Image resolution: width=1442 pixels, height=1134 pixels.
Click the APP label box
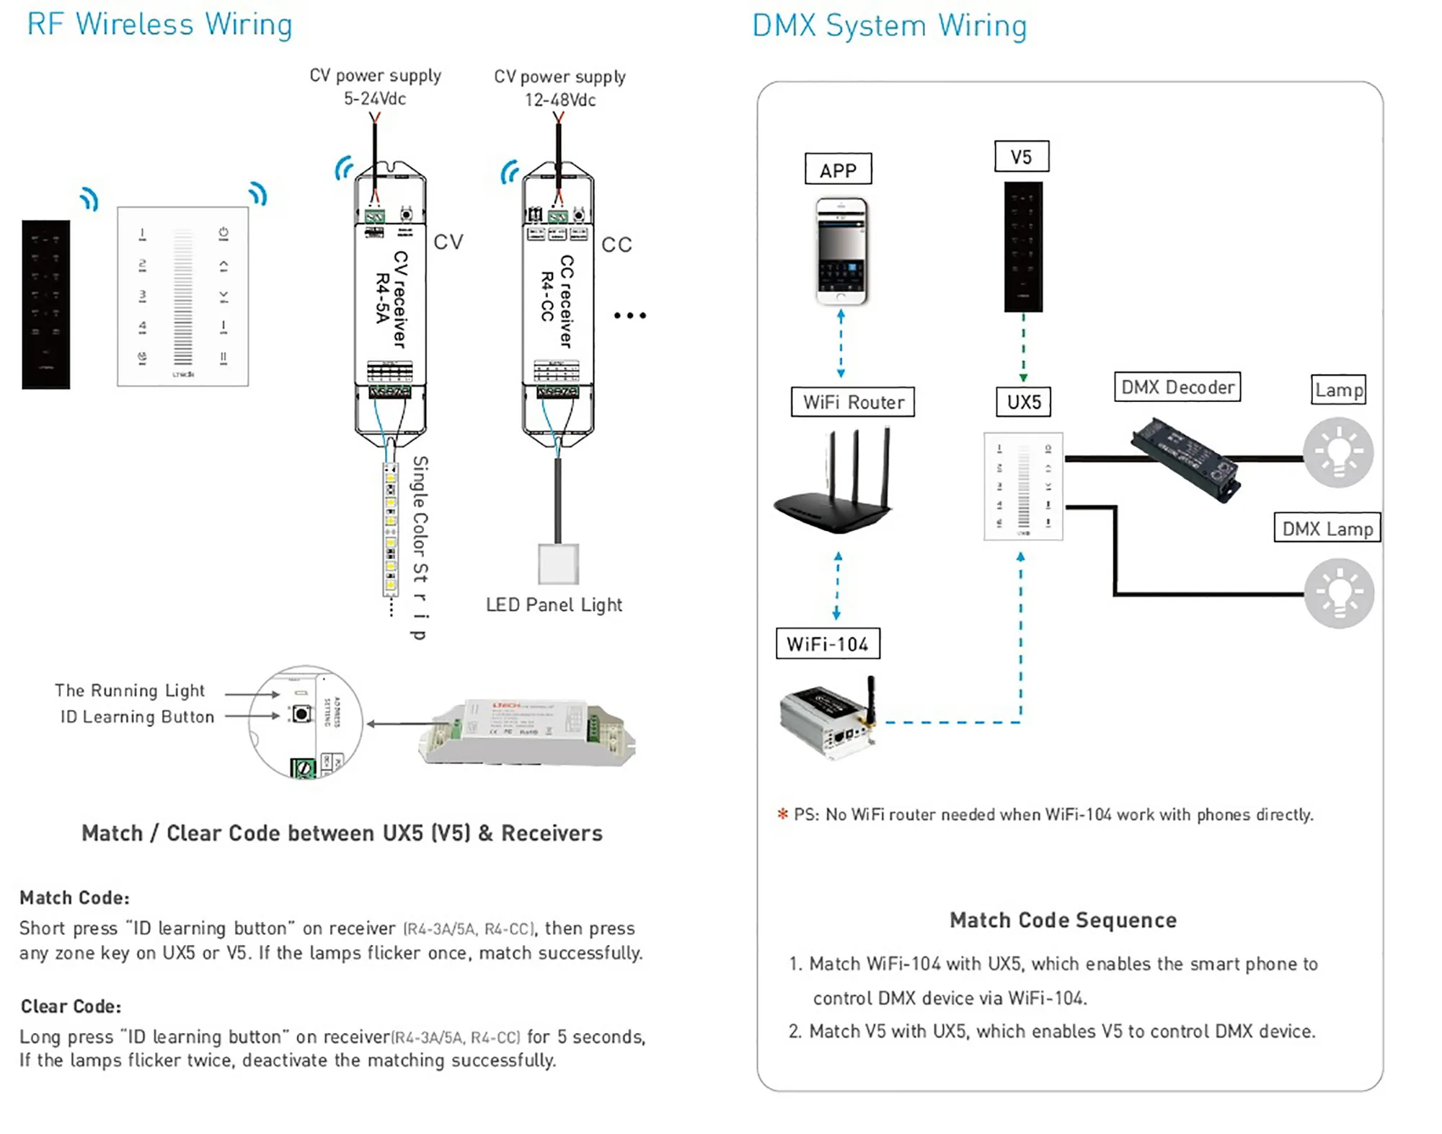point(838,170)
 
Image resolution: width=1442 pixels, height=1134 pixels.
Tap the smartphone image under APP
point(841,251)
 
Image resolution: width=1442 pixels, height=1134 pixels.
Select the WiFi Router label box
point(853,402)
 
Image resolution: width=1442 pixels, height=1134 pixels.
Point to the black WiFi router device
point(836,483)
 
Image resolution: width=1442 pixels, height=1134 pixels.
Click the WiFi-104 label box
point(828,643)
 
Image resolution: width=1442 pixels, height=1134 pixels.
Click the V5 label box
point(1021,157)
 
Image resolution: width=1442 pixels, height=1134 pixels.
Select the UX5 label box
point(1024,402)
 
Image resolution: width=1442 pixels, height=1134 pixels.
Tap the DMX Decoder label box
point(1177,387)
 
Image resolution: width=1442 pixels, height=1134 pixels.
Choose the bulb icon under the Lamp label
point(1338,452)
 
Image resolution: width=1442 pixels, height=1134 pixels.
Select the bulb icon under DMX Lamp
point(1339,593)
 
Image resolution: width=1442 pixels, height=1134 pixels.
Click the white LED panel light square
point(558,564)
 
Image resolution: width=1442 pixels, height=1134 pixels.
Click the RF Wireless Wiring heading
point(159,24)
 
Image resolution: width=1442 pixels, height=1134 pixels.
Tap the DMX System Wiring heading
point(889,25)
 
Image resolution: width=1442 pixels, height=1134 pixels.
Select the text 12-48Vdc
point(560,100)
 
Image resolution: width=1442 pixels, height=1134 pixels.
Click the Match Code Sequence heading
point(1063,920)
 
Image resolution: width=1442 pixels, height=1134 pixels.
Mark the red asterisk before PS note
point(782,814)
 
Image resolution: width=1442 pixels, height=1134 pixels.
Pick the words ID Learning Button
point(137,716)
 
